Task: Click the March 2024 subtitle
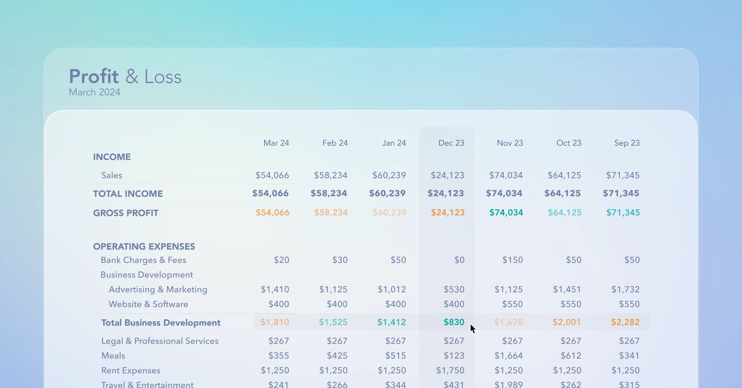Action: (94, 92)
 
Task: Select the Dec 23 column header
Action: (451, 143)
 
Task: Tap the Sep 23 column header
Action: (627, 143)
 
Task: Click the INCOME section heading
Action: (112, 157)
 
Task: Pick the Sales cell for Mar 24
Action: (272, 175)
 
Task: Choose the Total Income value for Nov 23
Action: (504, 193)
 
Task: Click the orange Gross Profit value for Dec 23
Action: (448, 213)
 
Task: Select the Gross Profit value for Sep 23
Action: (623, 213)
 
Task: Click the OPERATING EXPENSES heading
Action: (144, 247)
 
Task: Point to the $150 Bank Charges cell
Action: (512, 260)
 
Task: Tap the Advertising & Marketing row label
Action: (158, 289)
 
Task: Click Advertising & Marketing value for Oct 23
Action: (567, 289)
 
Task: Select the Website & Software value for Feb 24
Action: (337, 304)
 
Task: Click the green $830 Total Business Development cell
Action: (454, 322)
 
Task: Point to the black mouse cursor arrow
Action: (472, 328)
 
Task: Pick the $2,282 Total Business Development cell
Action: (625, 322)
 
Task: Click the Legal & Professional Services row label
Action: (160, 341)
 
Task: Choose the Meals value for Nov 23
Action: (509, 356)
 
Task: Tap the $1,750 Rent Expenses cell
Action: (450, 370)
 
